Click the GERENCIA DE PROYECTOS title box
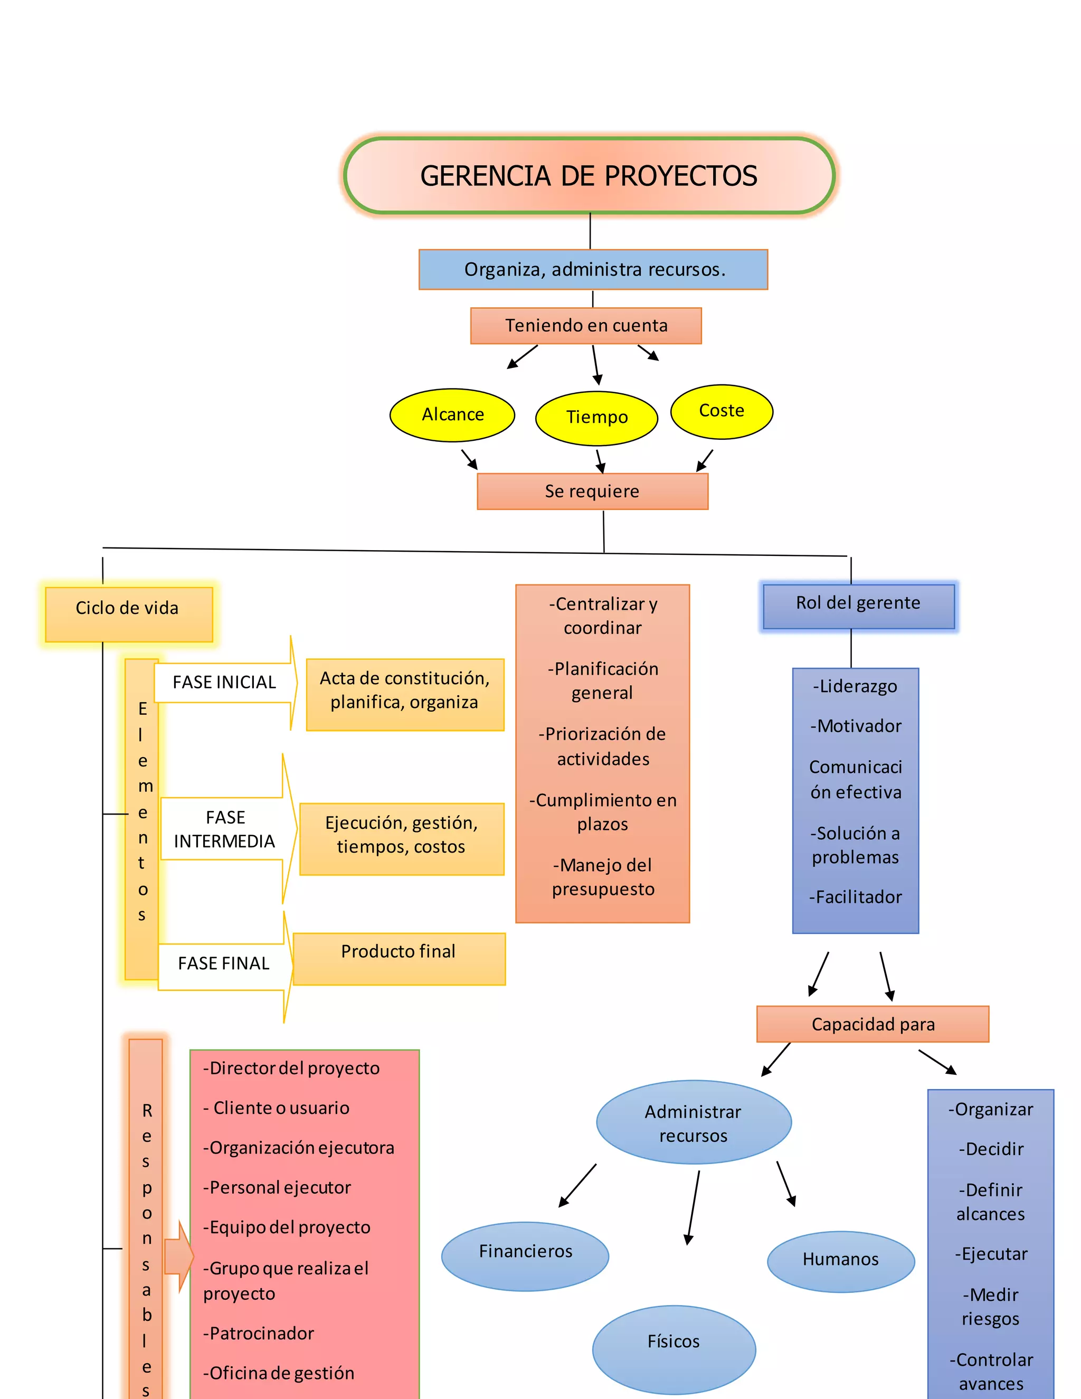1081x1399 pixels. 589,175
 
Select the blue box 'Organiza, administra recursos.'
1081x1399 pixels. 593,270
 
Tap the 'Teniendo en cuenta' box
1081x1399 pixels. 585,325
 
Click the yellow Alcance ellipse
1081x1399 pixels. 452,414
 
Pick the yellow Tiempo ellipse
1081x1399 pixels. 596,418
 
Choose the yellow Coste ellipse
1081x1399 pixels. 721,411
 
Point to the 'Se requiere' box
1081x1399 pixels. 592,491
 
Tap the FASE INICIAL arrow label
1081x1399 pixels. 224,682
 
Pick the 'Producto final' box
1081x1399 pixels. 399,958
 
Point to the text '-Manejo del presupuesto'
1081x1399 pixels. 603,876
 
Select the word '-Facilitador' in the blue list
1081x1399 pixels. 855,897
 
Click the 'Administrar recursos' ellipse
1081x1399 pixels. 693,1122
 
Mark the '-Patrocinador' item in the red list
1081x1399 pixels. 259,1333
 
